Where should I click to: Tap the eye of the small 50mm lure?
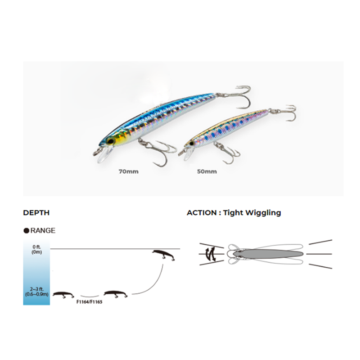192,143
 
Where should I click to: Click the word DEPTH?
36,212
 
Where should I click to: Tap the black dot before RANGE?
26,230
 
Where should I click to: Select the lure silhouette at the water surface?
163,255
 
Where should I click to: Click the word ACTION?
202,212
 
